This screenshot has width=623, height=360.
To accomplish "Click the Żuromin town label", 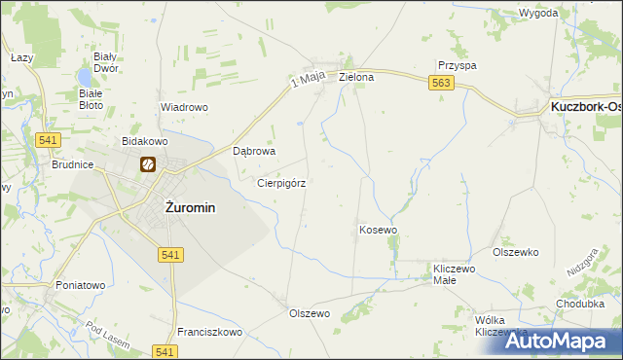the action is [190, 207].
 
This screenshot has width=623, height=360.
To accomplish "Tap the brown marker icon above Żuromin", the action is [148, 165].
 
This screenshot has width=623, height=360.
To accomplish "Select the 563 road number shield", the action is [440, 86].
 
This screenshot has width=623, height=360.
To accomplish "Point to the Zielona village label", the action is [356, 77].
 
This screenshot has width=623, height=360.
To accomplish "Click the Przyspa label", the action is [457, 65].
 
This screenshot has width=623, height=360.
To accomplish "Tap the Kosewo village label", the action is [379, 230].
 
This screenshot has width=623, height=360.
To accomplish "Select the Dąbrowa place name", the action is [256, 152].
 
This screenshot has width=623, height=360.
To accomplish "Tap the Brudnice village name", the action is [72, 165].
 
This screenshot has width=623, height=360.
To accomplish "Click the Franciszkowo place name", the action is [209, 332].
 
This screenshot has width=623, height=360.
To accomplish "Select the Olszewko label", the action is [516, 252].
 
